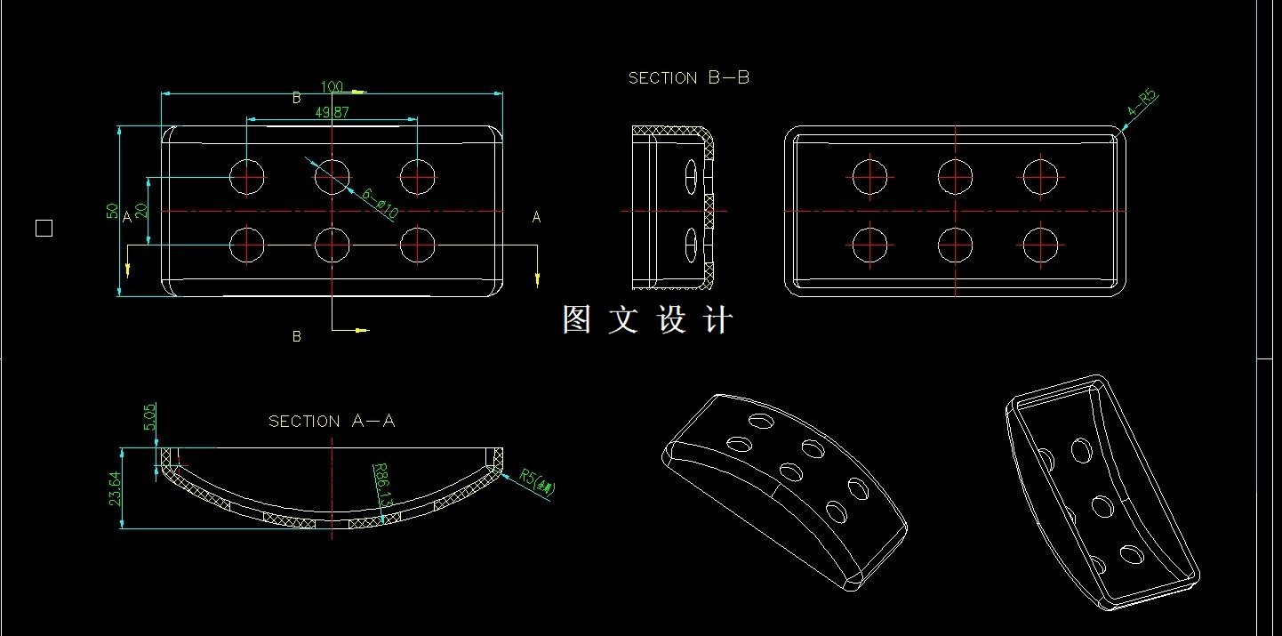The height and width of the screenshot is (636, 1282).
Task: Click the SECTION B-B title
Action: tap(688, 78)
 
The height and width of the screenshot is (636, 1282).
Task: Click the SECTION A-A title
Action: tap(332, 421)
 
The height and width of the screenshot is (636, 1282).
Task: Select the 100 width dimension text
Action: tap(333, 87)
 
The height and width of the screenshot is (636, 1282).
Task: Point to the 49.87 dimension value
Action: tap(332, 112)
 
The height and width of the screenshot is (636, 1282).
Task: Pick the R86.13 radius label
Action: tap(383, 486)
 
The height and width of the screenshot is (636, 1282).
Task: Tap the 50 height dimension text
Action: tap(113, 211)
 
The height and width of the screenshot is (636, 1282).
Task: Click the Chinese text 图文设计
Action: tap(647, 320)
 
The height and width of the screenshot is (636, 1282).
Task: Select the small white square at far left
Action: tap(44, 229)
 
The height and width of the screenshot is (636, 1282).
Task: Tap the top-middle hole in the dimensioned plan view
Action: tap(332, 176)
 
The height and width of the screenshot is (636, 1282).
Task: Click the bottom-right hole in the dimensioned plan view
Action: tap(417, 245)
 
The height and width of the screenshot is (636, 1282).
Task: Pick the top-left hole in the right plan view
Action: tap(869, 176)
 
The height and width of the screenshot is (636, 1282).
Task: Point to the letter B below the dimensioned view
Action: tap(297, 336)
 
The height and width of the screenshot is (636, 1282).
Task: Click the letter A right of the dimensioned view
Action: tap(536, 217)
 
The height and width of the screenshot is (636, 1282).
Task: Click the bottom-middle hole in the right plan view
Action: tap(955, 245)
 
